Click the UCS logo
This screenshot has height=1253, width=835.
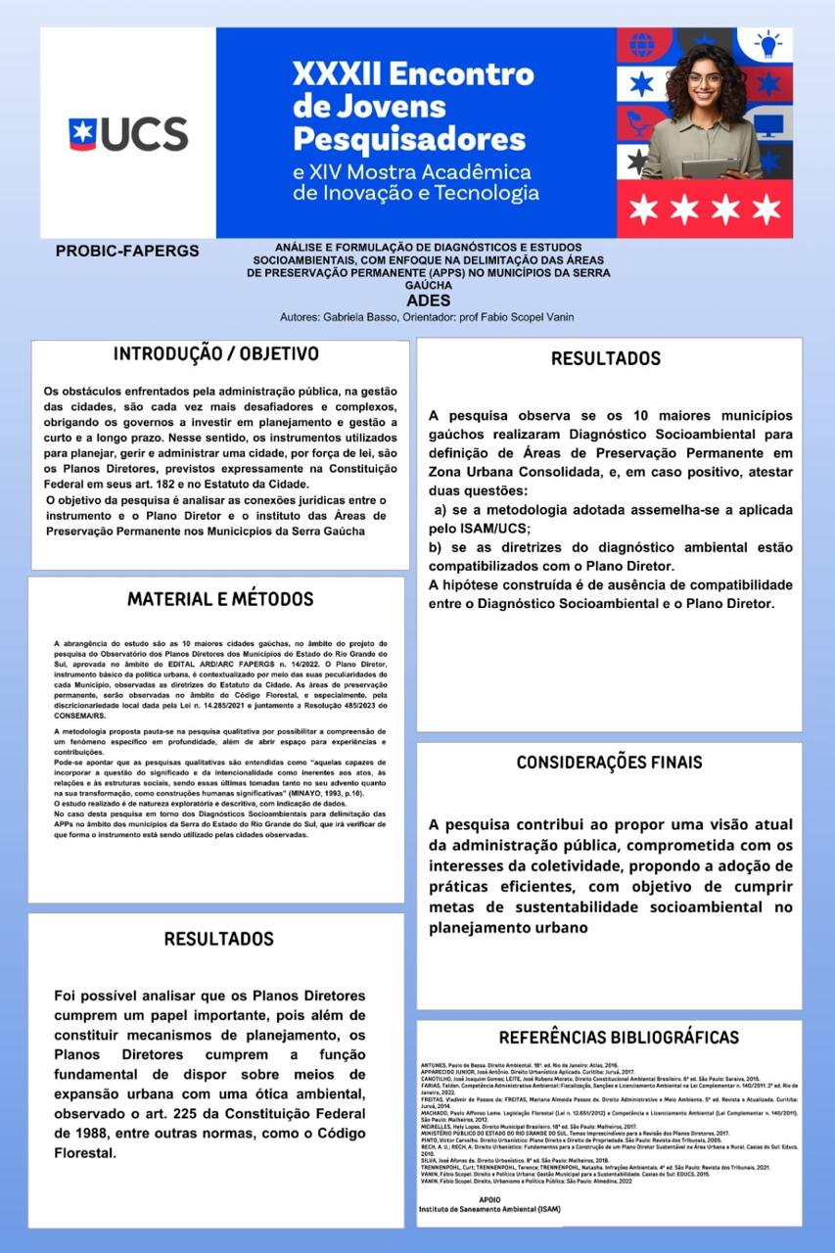coord(127,133)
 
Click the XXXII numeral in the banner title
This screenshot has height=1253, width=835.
coord(338,72)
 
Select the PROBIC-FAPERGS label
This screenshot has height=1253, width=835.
coord(127,252)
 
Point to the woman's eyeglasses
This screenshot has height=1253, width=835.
coord(705,79)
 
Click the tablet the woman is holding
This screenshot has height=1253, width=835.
coord(710,167)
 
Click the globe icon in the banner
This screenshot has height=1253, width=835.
coord(641,45)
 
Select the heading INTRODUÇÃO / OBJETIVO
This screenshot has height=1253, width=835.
coord(216,353)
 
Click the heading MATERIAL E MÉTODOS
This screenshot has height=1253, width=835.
coord(220,599)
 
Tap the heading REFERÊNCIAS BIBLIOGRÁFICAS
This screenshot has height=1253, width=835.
coord(619,1038)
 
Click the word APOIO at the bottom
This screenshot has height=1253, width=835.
coord(490,1198)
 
